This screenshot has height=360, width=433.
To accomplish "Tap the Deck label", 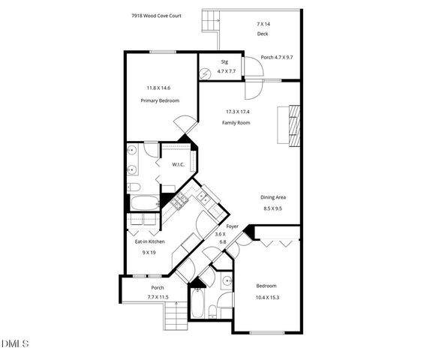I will pyautogui.click(x=262, y=34).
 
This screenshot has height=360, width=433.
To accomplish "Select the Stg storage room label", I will pyautogui.click(x=224, y=61).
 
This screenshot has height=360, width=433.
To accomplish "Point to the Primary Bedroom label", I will pyautogui.click(x=158, y=100).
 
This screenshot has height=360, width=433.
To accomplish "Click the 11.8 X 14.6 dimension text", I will pyautogui.click(x=158, y=88).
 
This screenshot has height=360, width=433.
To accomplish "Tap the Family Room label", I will pyautogui.click(x=236, y=122).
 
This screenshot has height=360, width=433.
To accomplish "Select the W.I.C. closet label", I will pyautogui.click(x=178, y=164).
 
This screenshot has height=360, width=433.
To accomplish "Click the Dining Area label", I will pyautogui.click(x=273, y=197).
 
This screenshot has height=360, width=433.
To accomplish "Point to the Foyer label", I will pyautogui.click(x=232, y=226).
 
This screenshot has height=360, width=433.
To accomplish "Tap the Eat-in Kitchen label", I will pyautogui.click(x=149, y=241).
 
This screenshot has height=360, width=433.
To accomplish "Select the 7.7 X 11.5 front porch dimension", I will pyautogui.click(x=158, y=298).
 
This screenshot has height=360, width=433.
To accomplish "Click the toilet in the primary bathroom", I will pyautogui.click(x=133, y=186).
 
